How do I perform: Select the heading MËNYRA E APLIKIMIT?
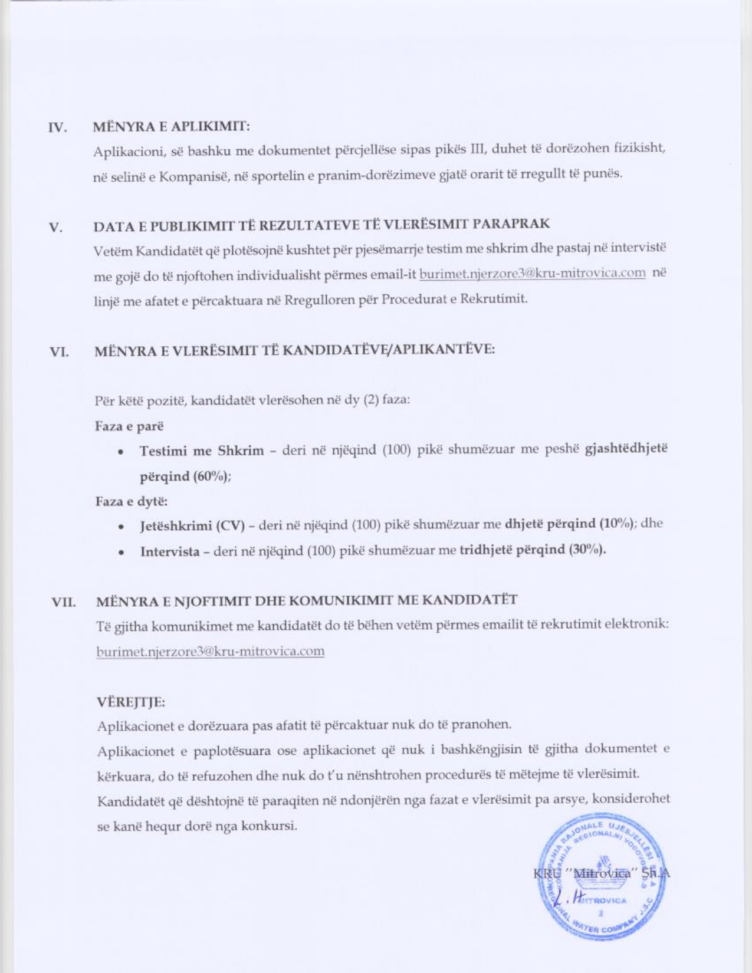[x=172, y=126]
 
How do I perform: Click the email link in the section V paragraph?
[x=532, y=274]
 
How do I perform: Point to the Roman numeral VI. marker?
[x=59, y=353]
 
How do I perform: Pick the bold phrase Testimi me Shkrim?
[x=202, y=451]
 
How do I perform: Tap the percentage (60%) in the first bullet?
[x=212, y=476]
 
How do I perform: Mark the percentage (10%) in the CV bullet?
[x=618, y=524]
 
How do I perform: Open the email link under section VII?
[x=211, y=651]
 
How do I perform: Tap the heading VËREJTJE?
[x=131, y=702]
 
